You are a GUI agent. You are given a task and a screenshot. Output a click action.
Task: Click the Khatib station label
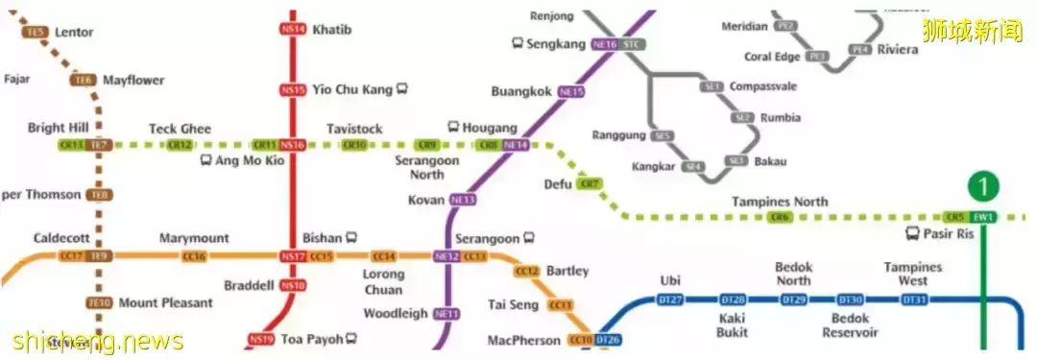[x=332, y=30]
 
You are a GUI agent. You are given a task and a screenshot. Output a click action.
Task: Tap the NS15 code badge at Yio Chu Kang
[x=293, y=90]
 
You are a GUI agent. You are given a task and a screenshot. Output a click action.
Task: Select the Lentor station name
[x=74, y=32]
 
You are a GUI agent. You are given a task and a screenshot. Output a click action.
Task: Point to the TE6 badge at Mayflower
[x=83, y=81]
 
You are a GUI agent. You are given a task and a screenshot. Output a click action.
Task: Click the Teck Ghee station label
[x=180, y=129]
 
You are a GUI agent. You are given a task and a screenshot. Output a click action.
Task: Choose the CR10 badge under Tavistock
[x=354, y=145]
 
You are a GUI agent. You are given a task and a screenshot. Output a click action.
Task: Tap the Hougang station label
[x=490, y=128]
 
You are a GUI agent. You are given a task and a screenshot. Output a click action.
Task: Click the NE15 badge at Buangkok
[x=571, y=92]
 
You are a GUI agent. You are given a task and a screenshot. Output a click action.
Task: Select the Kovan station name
[x=426, y=200]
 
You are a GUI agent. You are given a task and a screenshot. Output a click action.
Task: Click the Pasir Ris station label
[x=950, y=233]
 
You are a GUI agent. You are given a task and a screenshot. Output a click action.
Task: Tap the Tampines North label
[x=780, y=202]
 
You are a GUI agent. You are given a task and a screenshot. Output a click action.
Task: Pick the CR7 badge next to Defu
[x=591, y=183]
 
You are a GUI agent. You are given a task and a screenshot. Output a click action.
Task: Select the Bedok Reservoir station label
[x=850, y=325]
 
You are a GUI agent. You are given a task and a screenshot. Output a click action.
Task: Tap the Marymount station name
[x=194, y=238]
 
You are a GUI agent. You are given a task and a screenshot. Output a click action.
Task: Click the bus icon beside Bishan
[x=352, y=237]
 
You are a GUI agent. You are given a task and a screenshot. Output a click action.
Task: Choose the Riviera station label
[x=897, y=50]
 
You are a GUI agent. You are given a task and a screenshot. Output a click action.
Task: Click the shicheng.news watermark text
[x=97, y=341]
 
